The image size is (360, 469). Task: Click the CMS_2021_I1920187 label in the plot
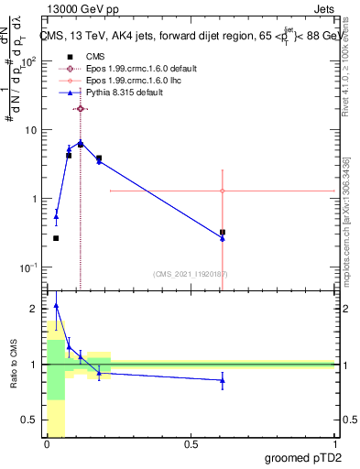point(190,274)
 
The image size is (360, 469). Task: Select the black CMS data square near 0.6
point(223,233)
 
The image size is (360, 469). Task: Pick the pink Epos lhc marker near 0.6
point(223,191)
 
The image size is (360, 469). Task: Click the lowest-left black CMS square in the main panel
point(56,238)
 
